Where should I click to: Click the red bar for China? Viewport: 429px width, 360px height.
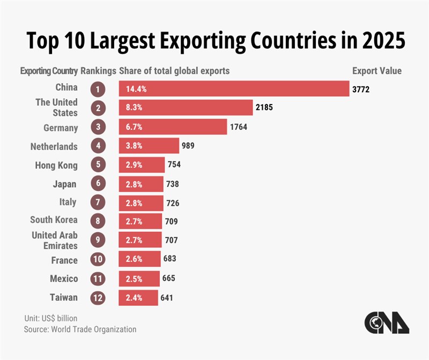(x=234, y=89)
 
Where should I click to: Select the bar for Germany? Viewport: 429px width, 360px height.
(x=173, y=127)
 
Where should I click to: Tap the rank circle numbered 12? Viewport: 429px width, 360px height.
(x=98, y=297)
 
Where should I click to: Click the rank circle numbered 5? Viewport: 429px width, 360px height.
(x=98, y=165)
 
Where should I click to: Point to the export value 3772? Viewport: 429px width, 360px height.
(x=361, y=89)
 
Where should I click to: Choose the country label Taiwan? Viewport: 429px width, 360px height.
(x=65, y=297)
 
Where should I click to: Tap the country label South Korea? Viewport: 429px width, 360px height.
(x=54, y=219)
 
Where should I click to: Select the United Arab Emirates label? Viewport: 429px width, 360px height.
(x=55, y=240)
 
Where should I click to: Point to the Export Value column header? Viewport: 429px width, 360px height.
(x=376, y=71)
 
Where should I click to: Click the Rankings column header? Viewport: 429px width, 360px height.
(x=98, y=71)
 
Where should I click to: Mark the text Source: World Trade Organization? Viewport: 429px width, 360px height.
(x=80, y=329)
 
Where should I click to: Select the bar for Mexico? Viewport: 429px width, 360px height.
(x=139, y=278)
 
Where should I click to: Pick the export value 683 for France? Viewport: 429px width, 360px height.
(x=169, y=259)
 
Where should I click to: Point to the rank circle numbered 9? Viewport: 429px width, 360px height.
(x=98, y=240)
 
